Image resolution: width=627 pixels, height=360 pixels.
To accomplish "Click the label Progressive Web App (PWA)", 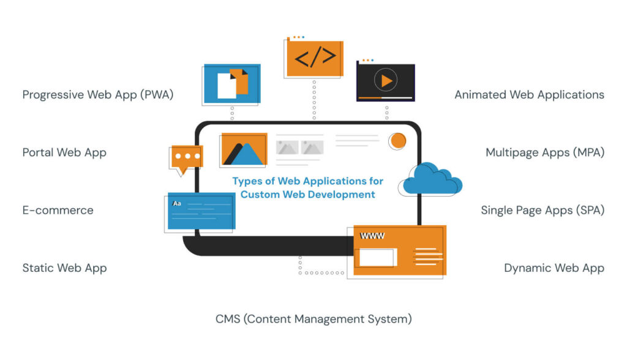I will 98,95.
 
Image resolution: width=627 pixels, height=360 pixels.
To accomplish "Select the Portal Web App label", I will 64,152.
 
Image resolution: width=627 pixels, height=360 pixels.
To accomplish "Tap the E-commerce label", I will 58,210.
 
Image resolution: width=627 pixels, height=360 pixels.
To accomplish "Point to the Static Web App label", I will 64,268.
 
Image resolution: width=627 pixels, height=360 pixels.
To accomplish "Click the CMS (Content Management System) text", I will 313,319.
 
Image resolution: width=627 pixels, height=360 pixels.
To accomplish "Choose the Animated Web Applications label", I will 529,95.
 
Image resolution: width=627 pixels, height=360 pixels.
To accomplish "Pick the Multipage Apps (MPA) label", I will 545,152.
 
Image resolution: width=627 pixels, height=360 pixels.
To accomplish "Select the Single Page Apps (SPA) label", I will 543,210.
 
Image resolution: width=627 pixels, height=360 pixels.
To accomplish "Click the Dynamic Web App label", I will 554,268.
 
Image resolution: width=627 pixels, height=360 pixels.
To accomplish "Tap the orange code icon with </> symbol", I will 315,58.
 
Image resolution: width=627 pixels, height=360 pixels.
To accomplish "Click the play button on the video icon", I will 386,80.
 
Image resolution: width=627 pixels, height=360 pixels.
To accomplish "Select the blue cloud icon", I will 432,179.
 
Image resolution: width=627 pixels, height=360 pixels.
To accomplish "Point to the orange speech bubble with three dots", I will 187,157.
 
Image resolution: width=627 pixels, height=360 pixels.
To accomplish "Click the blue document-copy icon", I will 233,84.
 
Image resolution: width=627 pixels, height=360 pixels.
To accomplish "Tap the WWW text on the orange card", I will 372,236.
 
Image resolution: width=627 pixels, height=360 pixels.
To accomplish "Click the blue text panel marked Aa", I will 201,212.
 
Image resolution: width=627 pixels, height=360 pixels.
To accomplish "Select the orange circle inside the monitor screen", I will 398,141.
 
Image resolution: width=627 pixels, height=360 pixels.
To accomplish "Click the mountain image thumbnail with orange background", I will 243,150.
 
